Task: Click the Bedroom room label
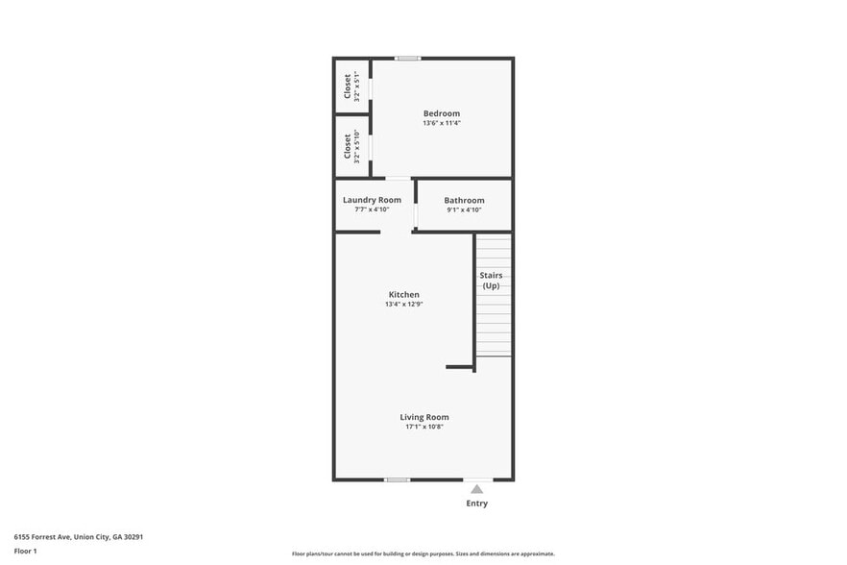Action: click(442, 113)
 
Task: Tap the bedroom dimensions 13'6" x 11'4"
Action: click(442, 123)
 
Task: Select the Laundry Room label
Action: click(372, 200)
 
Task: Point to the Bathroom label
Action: click(464, 200)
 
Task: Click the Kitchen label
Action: click(403, 294)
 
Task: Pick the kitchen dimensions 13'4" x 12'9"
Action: click(403, 305)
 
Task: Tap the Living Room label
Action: click(424, 417)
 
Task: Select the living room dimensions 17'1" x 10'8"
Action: click(424, 427)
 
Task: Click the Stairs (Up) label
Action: click(491, 281)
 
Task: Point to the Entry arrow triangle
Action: click(476, 489)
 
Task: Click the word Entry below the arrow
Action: click(476, 504)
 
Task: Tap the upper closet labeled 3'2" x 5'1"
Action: click(351, 86)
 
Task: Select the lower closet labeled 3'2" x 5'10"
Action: click(351, 146)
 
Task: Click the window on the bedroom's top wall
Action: click(408, 59)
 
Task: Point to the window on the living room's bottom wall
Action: click(397, 479)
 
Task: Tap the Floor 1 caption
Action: click(25, 551)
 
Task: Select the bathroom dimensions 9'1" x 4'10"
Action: click(464, 209)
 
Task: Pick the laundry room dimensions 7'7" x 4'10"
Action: click(372, 209)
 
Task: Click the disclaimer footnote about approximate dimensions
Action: click(423, 553)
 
